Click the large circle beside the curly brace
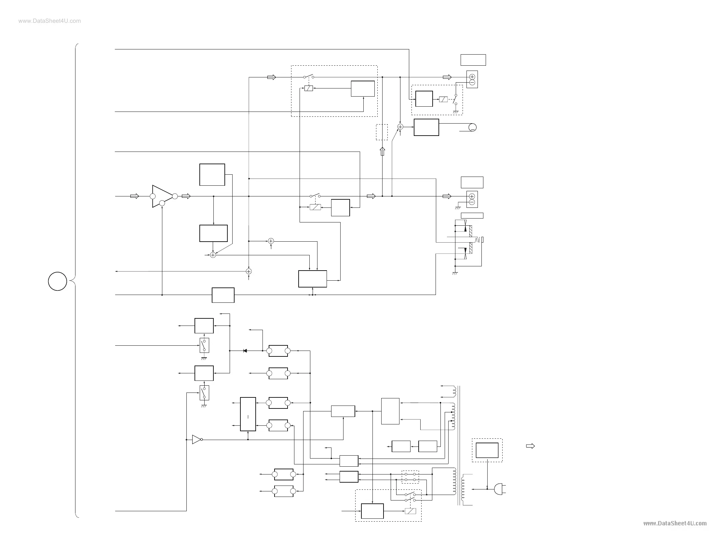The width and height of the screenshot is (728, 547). (58, 281)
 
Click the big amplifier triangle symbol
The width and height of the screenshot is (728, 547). (162, 196)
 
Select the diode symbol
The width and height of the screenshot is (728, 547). (245, 351)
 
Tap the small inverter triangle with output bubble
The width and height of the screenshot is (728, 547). (197, 439)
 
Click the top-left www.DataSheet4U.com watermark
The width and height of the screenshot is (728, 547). (50, 21)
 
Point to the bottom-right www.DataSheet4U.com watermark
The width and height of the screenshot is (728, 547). (675, 523)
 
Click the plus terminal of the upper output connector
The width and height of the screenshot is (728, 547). (472, 77)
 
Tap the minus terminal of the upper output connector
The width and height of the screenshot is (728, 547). (472, 83)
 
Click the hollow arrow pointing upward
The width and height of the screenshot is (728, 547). (382, 152)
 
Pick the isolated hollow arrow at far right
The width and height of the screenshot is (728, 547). (530, 446)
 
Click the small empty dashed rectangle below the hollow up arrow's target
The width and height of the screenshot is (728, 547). (382, 132)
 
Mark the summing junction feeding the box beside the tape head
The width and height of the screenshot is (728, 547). (400, 127)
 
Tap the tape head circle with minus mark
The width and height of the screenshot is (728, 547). (472, 127)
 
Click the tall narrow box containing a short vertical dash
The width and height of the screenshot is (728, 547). (248, 414)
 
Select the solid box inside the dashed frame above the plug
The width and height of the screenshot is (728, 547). (487, 450)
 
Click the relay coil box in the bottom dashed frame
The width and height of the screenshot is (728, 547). (411, 511)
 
